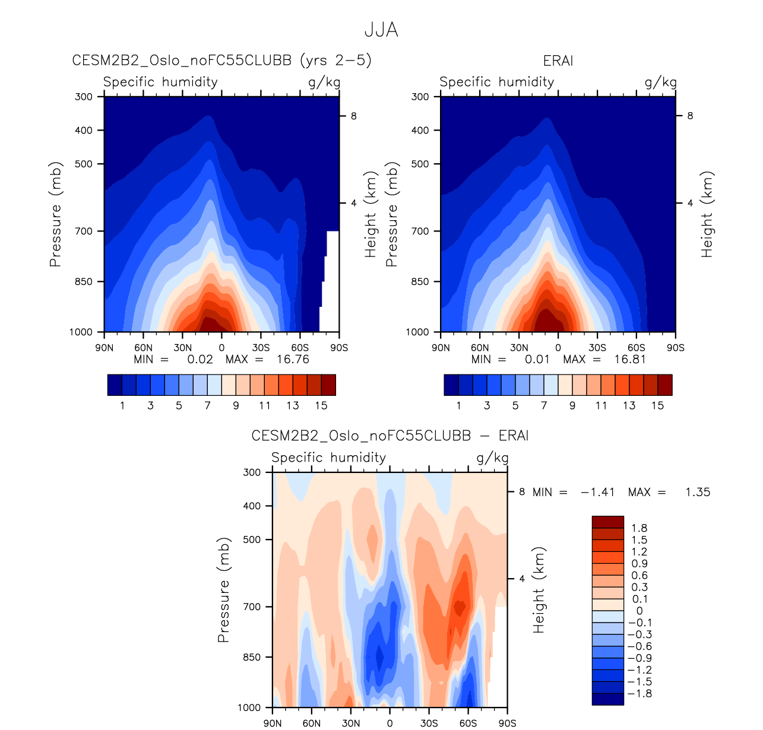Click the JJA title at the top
[x=381, y=30]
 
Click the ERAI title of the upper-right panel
[x=558, y=61]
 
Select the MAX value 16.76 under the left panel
[x=293, y=359]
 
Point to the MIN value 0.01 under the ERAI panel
[x=538, y=359]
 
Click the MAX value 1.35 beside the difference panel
[x=698, y=492]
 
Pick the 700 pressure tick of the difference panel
[x=252, y=607]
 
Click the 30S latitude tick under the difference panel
[x=429, y=723]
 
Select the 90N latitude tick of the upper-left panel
[x=105, y=348]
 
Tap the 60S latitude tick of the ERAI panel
[x=637, y=348]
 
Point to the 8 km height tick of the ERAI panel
[x=690, y=116]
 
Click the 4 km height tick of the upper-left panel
[x=353, y=203]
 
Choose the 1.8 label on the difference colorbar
[x=639, y=528]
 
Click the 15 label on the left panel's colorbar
[x=321, y=405]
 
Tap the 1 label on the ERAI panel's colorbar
[x=458, y=405]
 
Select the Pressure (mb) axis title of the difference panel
[x=223, y=591]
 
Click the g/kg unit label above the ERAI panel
[x=660, y=82]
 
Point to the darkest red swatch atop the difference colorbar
[x=607, y=522]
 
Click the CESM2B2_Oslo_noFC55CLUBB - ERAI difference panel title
[x=390, y=436]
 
